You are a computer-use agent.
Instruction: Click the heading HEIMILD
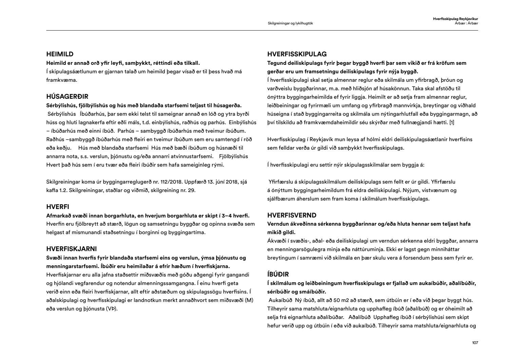pos(60,54)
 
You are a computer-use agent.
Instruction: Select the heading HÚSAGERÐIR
pos(67,97)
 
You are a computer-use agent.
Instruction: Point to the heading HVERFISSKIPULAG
pos(297,54)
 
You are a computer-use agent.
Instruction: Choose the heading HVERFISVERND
pos(292,215)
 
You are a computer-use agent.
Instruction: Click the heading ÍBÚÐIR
pos(278,274)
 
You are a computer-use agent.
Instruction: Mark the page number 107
pos(475,343)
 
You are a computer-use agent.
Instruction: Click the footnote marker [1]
pos(452,122)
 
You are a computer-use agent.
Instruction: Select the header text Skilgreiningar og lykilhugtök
pos(293,23)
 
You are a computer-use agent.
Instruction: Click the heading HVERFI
pos(58,207)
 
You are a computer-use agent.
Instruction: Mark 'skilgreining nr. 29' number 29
pos(192,190)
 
